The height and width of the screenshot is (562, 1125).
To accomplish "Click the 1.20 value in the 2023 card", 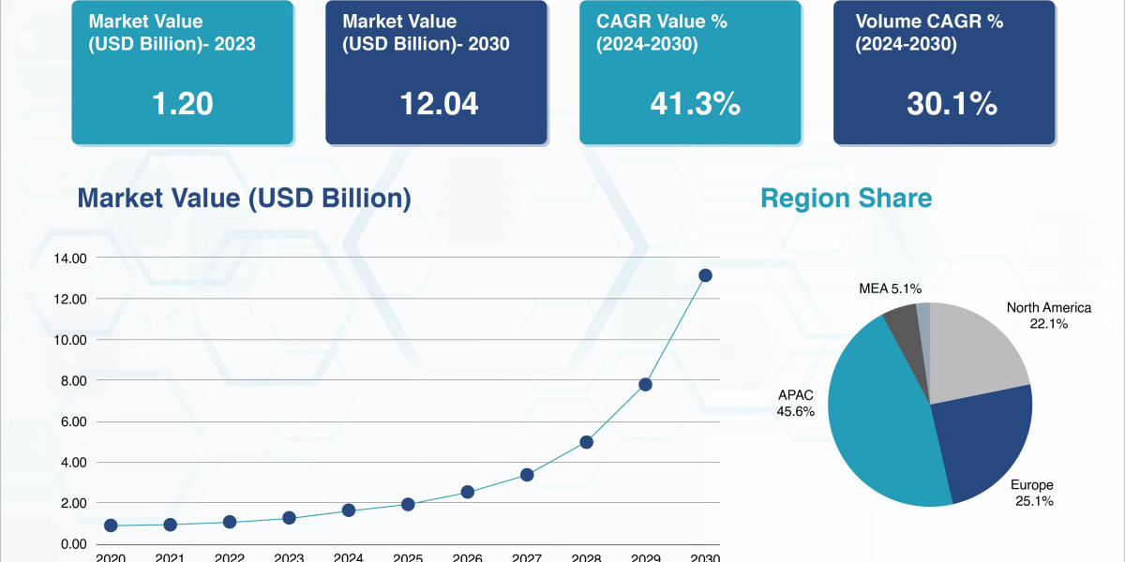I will [x=183, y=104].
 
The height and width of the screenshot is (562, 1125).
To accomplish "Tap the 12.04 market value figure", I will [x=439, y=104].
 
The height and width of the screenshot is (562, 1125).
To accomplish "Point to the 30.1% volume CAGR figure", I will [x=951, y=104].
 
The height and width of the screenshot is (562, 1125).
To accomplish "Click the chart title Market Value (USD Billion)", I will [x=244, y=199].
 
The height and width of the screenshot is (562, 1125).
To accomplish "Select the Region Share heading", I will [x=846, y=199].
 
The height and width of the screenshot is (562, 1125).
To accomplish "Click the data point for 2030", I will [x=705, y=275].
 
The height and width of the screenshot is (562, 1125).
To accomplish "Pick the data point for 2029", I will [x=645, y=385].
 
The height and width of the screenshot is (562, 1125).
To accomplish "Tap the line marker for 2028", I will [x=586, y=442].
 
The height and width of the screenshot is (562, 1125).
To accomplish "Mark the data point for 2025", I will [x=408, y=504].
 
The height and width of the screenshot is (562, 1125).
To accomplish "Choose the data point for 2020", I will [x=111, y=525].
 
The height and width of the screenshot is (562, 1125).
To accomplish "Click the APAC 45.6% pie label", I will [x=796, y=403].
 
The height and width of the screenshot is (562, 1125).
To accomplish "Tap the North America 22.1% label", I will [x=1049, y=316].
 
